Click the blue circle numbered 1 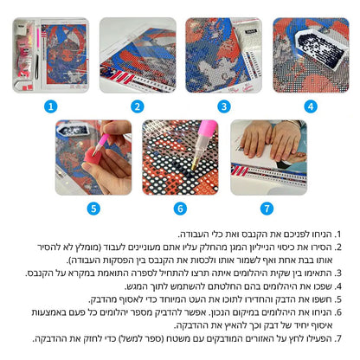pos(51,106)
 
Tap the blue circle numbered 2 pos(138,106)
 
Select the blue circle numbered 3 pos(224,106)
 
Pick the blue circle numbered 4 pos(311,106)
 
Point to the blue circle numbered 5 pos(93,209)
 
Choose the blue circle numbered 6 pos(180,209)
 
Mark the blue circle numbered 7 pos(267,209)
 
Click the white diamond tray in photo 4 pos(320,49)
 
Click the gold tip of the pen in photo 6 pos(194,166)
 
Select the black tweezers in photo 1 pos(37,67)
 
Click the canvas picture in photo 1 pos(64,55)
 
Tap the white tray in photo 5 pos(72,130)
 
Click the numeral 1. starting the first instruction pos(337,235)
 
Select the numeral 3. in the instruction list pos(337,273)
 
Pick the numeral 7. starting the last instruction pos(337,338)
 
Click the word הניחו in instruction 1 pos(324,235)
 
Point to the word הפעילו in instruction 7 pos(321,338)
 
